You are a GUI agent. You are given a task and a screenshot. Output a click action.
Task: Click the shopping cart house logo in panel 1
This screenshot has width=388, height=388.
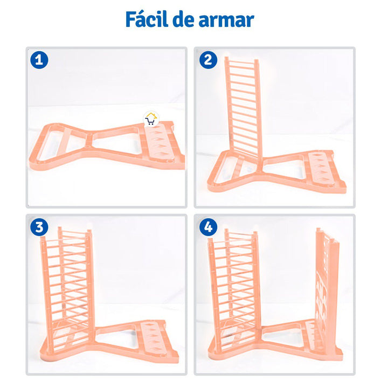[x=150, y=119]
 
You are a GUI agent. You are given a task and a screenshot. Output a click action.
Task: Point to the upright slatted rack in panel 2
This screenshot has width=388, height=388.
[x=242, y=108]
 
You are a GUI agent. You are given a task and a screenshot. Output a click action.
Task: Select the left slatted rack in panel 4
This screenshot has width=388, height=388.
[x=234, y=288]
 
